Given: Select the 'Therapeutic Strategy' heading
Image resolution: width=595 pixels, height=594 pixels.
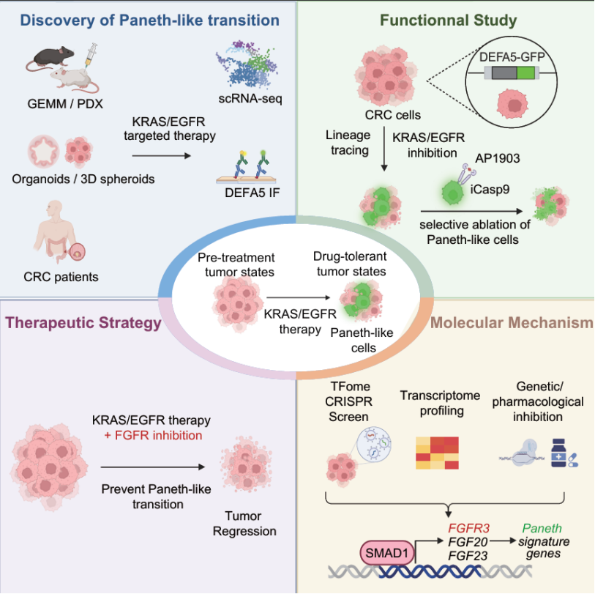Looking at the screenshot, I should click(x=83, y=322).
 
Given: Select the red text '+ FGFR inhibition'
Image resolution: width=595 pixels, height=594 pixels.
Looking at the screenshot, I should click(x=151, y=436).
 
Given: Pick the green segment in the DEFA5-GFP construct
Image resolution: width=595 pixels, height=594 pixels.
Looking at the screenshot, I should click(x=525, y=72).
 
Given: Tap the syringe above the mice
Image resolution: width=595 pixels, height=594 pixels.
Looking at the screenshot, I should click(x=90, y=51).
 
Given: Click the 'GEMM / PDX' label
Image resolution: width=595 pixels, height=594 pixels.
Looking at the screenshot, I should click(x=68, y=103).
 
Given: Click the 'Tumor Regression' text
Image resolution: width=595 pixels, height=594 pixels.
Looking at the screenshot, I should click(x=244, y=523).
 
